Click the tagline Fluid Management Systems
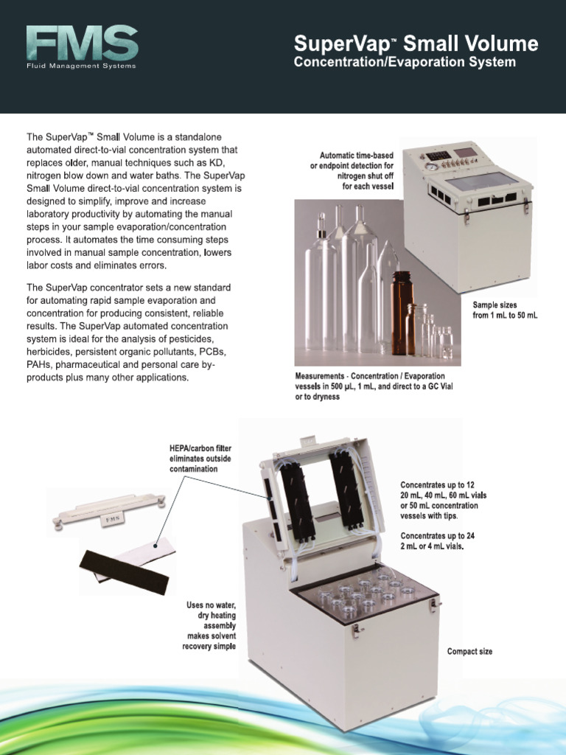point(81,66)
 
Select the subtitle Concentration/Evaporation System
point(405,63)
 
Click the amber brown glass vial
point(402,313)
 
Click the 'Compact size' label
point(469,652)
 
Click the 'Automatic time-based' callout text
point(352,171)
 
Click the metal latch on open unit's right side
point(433,605)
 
